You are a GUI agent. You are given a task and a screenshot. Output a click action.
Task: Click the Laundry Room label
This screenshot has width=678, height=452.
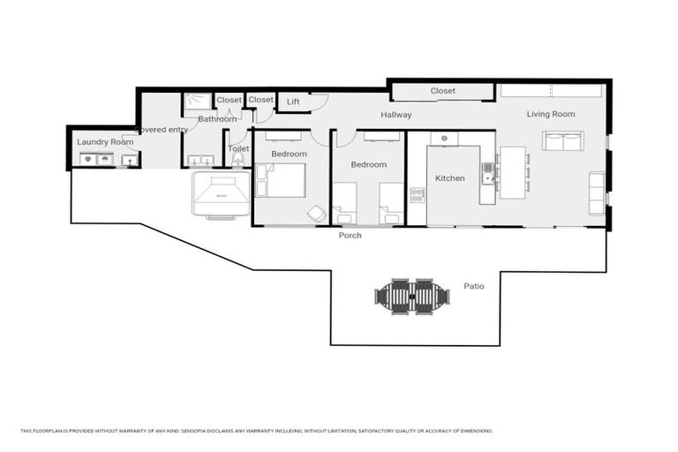pyautogui.click(x=105, y=141)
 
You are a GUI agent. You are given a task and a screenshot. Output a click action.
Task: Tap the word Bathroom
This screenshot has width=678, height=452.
pyautogui.click(x=217, y=119)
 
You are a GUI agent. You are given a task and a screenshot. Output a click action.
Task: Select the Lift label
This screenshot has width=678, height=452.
pyautogui.click(x=293, y=102)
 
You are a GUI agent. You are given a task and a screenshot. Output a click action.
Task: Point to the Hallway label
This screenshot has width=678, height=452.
pyautogui.click(x=396, y=115)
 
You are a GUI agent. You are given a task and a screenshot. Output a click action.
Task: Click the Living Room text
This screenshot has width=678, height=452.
pyautogui.click(x=551, y=114)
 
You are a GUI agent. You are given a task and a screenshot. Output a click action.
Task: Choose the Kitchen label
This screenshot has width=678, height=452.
pyautogui.click(x=449, y=178)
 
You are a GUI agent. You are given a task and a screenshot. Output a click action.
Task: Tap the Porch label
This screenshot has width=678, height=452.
pyautogui.click(x=350, y=236)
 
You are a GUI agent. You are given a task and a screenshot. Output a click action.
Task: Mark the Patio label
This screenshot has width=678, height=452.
pyautogui.click(x=474, y=286)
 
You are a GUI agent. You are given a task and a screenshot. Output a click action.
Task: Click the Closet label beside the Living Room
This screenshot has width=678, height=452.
pyautogui.click(x=443, y=91)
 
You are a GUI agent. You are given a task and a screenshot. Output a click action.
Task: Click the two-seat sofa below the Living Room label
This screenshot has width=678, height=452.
pyautogui.click(x=562, y=140)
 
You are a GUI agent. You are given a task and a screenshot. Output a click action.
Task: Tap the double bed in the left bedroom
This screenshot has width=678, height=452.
pyautogui.click(x=282, y=180)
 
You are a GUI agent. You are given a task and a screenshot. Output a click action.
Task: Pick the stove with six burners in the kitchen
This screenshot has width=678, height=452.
pyautogui.click(x=418, y=195)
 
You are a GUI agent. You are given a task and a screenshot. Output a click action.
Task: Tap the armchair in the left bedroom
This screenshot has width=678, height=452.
pyautogui.click(x=316, y=214)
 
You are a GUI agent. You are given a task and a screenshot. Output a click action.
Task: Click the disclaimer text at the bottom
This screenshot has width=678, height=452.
pyautogui.click(x=256, y=431)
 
